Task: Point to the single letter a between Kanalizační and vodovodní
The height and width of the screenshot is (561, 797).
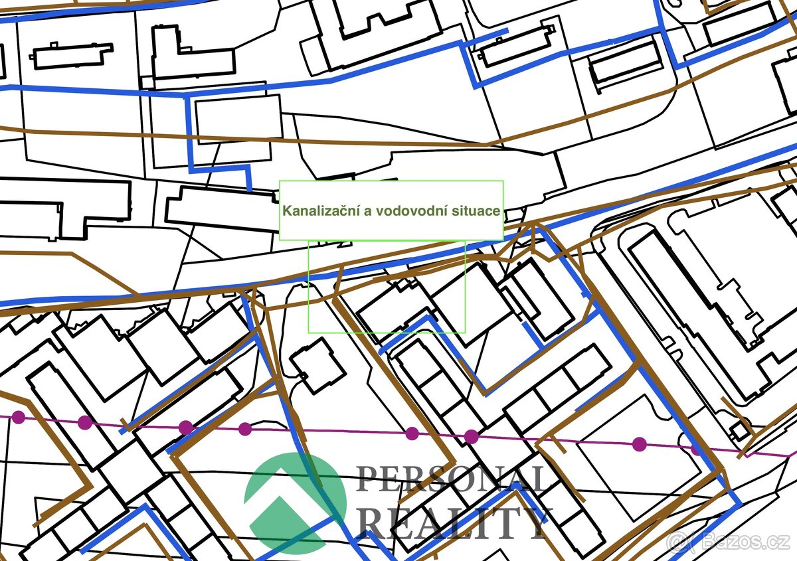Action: [366, 212]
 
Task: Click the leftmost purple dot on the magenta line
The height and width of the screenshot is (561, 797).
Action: [19, 417]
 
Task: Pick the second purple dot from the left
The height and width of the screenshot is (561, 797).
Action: [84, 422]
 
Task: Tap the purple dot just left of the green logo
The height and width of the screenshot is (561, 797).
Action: [245, 429]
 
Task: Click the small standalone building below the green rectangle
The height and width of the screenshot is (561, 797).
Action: [317, 366]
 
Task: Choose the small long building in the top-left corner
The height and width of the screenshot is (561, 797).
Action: [72, 56]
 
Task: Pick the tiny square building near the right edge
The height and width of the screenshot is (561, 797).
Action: [739, 431]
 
